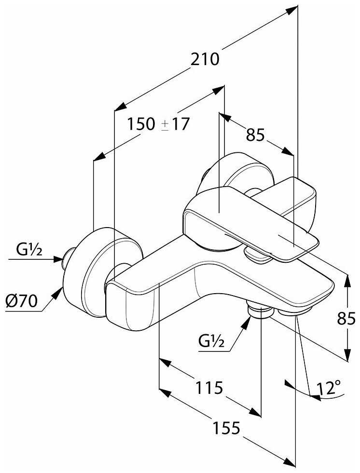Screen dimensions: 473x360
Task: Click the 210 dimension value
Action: click(205, 59)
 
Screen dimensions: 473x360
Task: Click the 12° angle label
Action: click(329, 388)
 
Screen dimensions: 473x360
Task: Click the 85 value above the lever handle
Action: click(256, 136)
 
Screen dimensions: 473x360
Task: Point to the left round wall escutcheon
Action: click(97, 270)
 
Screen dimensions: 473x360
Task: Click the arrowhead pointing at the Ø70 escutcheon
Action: click(61, 291)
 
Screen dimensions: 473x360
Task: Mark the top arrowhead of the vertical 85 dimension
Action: click(347, 278)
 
